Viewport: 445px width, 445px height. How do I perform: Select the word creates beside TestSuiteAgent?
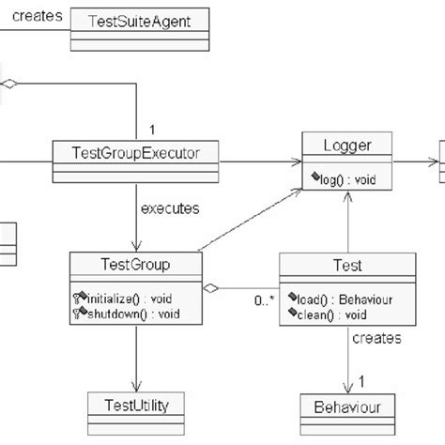click(38, 17)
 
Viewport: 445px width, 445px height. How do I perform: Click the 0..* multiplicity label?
click(265, 301)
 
